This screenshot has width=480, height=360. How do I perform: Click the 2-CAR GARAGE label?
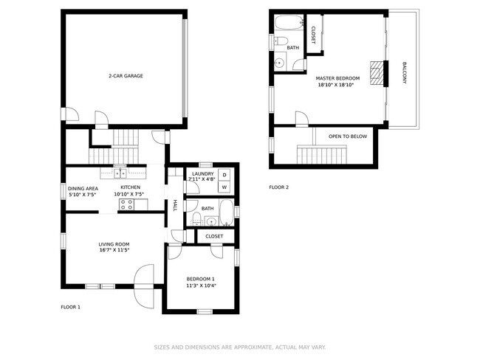pos(126,76)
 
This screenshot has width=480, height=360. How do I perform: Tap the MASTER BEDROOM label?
pos(337,78)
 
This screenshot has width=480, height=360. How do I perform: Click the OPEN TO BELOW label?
pos(348,136)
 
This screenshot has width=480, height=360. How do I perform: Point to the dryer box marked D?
pos(224,174)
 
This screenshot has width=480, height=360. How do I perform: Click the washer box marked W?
pos(224,187)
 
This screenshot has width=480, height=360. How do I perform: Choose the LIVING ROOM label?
pos(114,244)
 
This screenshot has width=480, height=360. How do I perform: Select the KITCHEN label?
pos(131,188)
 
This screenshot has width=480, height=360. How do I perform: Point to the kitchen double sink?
pos(120,174)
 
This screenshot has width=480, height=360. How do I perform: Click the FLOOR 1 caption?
pos(70,307)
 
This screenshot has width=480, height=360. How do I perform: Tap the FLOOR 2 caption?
pos(279,187)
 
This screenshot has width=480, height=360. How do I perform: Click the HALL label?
pos(175,204)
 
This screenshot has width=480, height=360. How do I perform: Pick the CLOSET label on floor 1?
pos(214,236)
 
